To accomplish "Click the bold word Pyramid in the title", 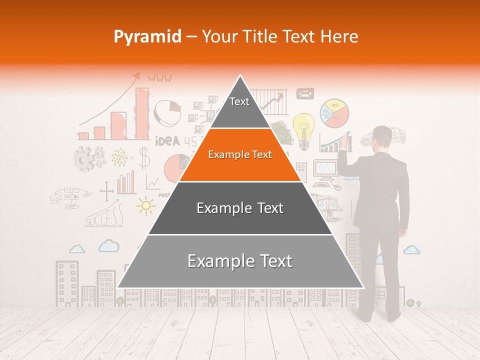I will click(147, 37).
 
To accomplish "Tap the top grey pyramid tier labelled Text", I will click(239, 105).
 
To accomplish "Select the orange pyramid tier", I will click(240, 154).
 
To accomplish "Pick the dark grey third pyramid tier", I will click(240, 208).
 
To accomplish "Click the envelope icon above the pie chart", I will click(305, 93).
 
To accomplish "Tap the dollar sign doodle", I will click(144, 157).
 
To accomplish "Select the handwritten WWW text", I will click(159, 78).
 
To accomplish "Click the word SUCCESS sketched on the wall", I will click(104, 217).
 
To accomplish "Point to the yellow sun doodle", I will click(145, 205).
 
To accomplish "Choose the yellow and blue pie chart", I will click(334, 113).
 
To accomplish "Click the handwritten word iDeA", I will click(167, 141).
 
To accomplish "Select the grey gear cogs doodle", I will click(87, 158).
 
